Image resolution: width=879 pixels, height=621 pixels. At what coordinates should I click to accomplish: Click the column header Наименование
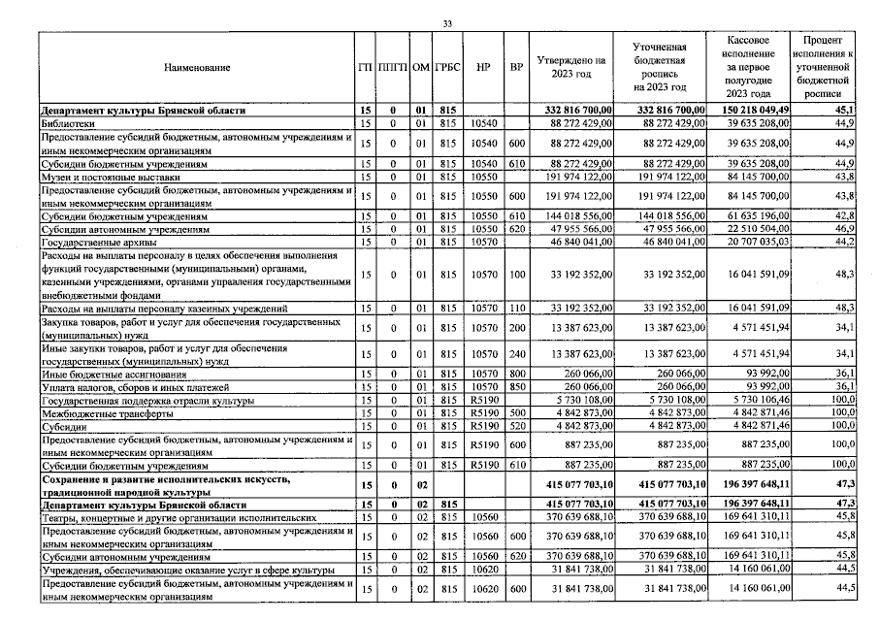pyautogui.click(x=197, y=67)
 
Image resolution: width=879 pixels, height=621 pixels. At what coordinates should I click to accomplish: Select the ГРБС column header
pyautogui.click(x=448, y=67)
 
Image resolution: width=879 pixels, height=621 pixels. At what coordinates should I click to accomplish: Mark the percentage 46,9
pyautogui.click(x=843, y=227)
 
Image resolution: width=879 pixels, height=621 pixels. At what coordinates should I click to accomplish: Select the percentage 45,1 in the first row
pyautogui.click(x=843, y=111)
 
